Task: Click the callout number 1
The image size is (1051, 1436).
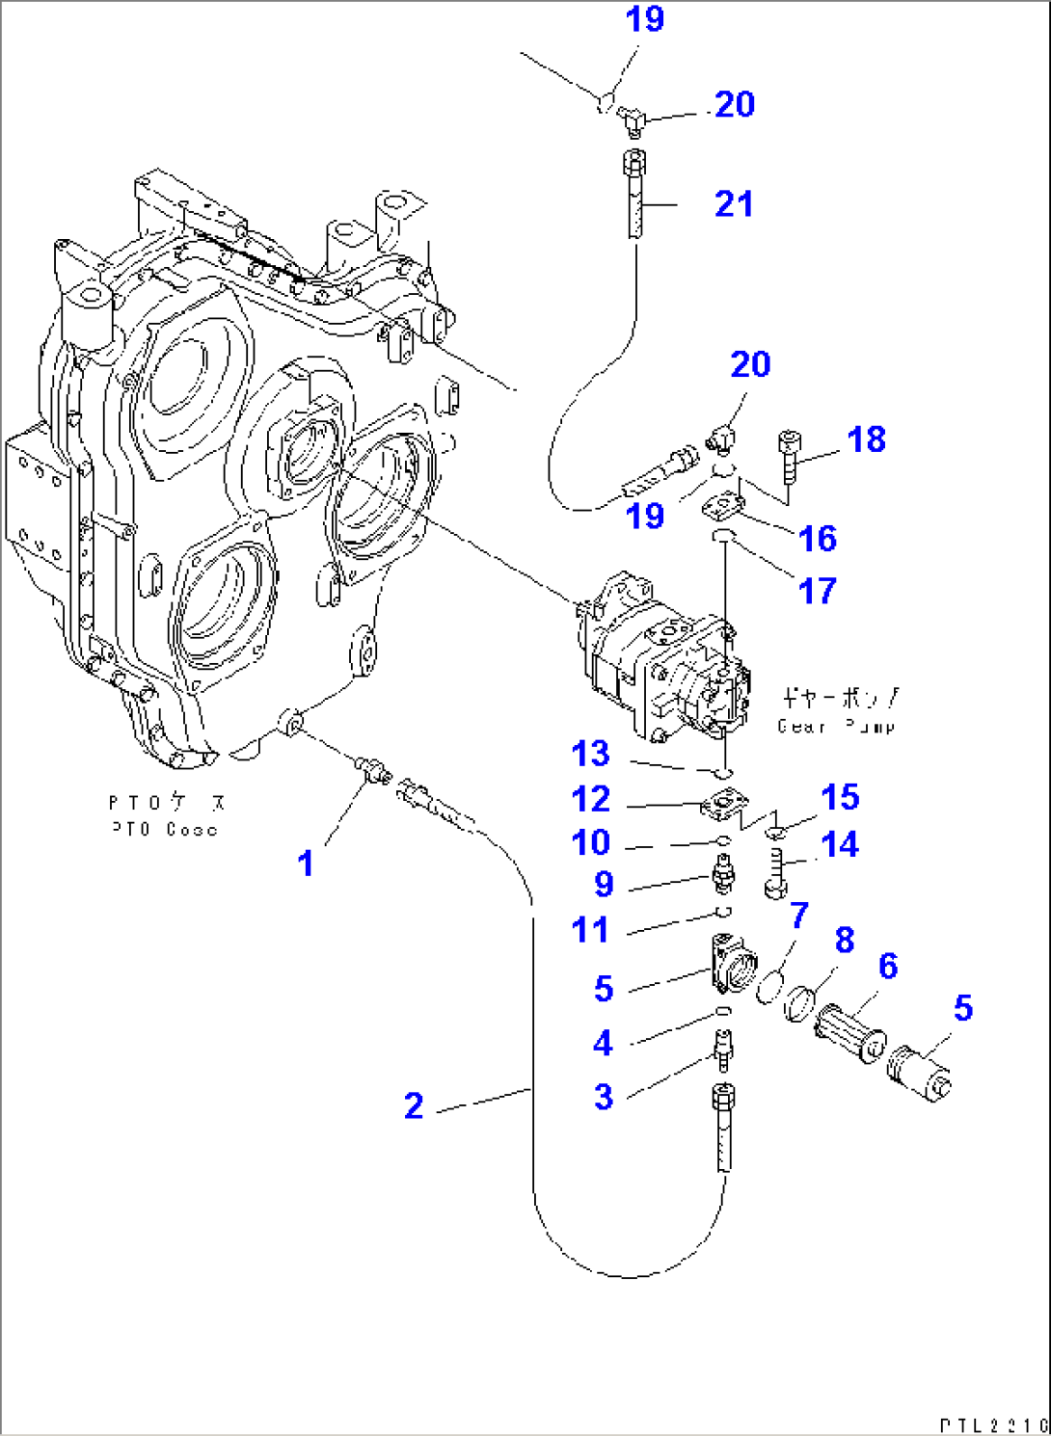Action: pyautogui.click(x=306, y=864)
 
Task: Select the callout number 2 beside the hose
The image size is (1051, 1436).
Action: pyautogui.click(x=414, y=1105)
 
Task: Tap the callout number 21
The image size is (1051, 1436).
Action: pyautogui.click(x=734, y=204)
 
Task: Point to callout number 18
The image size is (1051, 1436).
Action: pyautogui.click(x=866, y=439)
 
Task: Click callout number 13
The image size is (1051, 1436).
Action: pyautogui.click(x=590, y=754)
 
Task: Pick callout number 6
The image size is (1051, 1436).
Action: pyautogui.click(x=888, y=966)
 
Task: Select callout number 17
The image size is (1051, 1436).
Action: pyautogui.click(x=818, y=591)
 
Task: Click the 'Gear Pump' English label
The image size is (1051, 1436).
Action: pyautogui.click(x=836, y=727)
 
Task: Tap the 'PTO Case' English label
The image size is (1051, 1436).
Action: pyautogui.click(x=164, y=829)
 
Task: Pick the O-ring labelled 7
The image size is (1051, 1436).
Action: pyautogui.click(x=768, y=988)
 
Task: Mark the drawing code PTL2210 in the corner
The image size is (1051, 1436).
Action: pyautogui.click(x=993, y=1424)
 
